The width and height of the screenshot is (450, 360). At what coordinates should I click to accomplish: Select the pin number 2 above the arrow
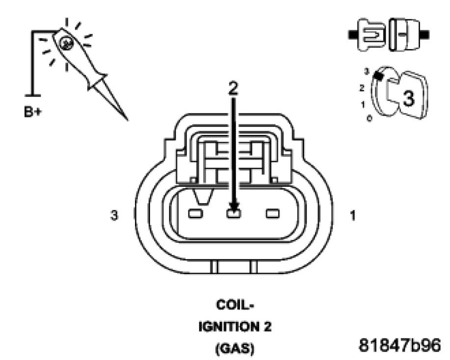[233, 87]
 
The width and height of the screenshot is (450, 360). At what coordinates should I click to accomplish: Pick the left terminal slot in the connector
[195, 214]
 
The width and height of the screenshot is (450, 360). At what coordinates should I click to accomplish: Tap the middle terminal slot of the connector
[233, 213]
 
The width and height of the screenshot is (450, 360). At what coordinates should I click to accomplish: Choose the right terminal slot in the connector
[272, 214]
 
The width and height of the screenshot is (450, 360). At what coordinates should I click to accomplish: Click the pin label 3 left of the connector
[114, 215]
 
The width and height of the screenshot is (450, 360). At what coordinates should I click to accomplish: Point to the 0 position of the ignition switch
[369, 119]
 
